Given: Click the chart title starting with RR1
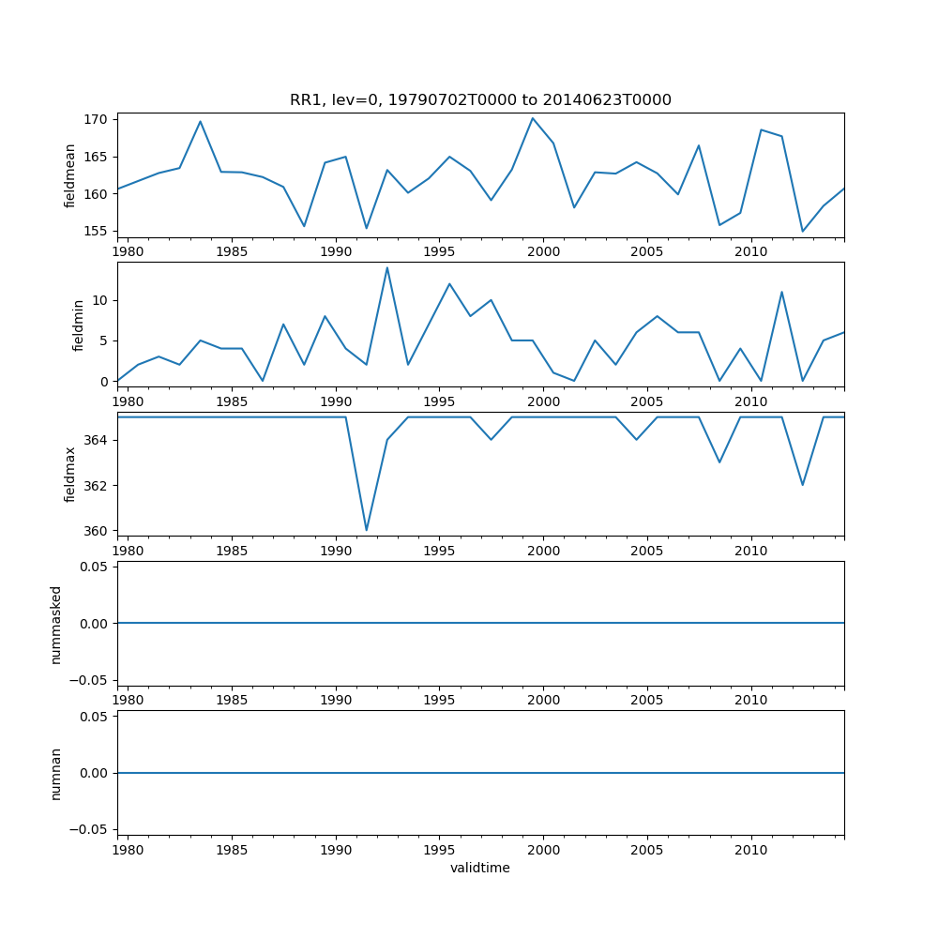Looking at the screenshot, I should (x=480, y=100).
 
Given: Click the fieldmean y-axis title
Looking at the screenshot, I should (x=70, y=175).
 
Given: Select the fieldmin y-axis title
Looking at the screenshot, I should (x=79, y=325).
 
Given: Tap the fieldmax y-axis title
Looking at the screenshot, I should (x=70, y=474).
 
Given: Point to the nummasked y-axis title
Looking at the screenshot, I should (x=56, y=624).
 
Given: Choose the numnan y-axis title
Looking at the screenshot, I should (x=56, y=773).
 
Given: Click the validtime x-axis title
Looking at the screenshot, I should (x=480, y=868).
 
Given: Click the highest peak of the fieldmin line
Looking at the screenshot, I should (x=386, y=267).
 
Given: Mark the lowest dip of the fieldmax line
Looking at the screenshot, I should (x=367, y=530).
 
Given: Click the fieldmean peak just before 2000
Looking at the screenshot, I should (x=532, y=118).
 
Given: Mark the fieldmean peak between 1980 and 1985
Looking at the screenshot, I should (x=200, y=121).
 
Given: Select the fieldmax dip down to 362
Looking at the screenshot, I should (x=803, y=485).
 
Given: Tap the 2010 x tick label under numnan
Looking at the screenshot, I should (x=751, y=851).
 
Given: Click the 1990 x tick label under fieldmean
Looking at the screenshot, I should (x=336, y=252).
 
